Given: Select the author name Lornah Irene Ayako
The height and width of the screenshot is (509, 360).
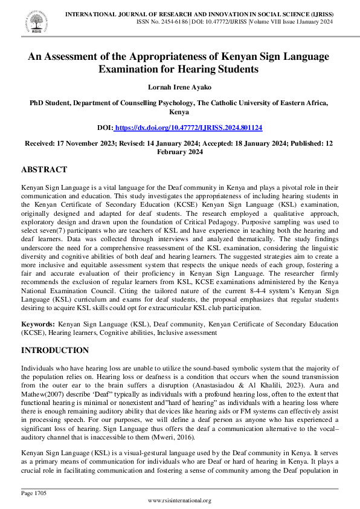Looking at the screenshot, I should tap(179, 86).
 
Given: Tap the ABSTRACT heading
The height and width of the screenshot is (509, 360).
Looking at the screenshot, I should tap(44, 170).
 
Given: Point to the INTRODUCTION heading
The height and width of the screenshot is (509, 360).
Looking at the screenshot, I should tap(55, 351).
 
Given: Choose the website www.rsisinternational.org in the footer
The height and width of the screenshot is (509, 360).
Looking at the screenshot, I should tap(179, 501).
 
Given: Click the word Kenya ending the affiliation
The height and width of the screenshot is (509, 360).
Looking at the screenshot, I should tap(179, 112).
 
